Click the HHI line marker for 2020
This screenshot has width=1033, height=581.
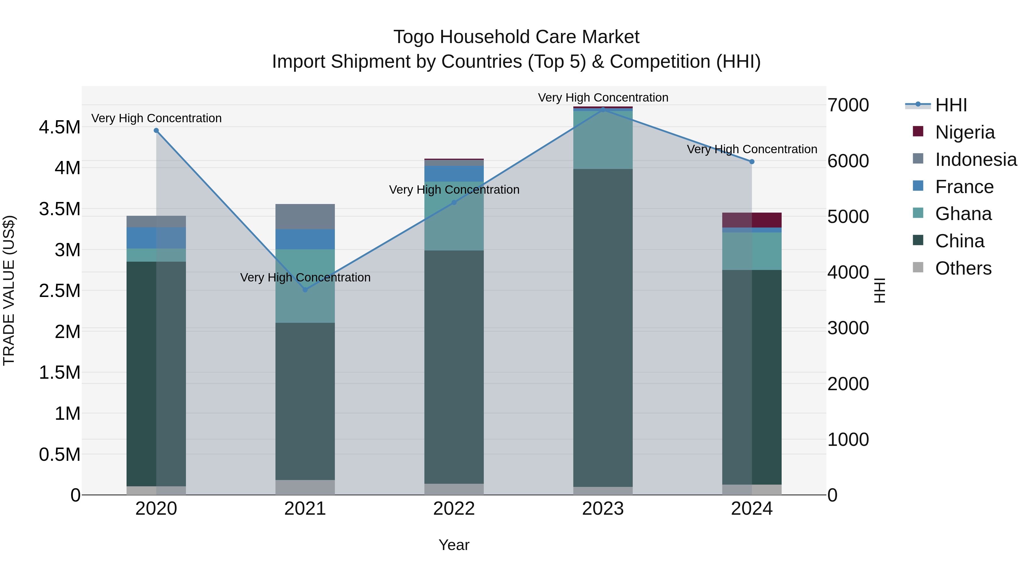click(x=156, y=130)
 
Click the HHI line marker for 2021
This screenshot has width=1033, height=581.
click(x=305, y=289)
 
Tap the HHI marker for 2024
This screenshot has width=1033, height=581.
click(x=752, y=162)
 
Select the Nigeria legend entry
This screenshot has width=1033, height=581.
click(x=964, y=132)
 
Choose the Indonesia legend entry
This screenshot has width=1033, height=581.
click(x=975, y=160)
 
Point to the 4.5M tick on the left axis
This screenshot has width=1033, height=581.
click(x=59, y=127)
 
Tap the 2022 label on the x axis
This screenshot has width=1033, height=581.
click(x=454, y=509)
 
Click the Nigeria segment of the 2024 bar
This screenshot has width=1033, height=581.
click(x=752, y=220)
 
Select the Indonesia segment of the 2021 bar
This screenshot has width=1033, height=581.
click(x=305, y=217)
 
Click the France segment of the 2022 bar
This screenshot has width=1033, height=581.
click(x=454, y=174)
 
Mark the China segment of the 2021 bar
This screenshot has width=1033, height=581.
click(x=305, y=401)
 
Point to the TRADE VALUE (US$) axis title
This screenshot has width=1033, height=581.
click(x=9, y=290)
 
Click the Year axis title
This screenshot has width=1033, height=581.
click(x=454, y=545)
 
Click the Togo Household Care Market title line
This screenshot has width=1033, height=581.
click(x=516, y=37)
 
